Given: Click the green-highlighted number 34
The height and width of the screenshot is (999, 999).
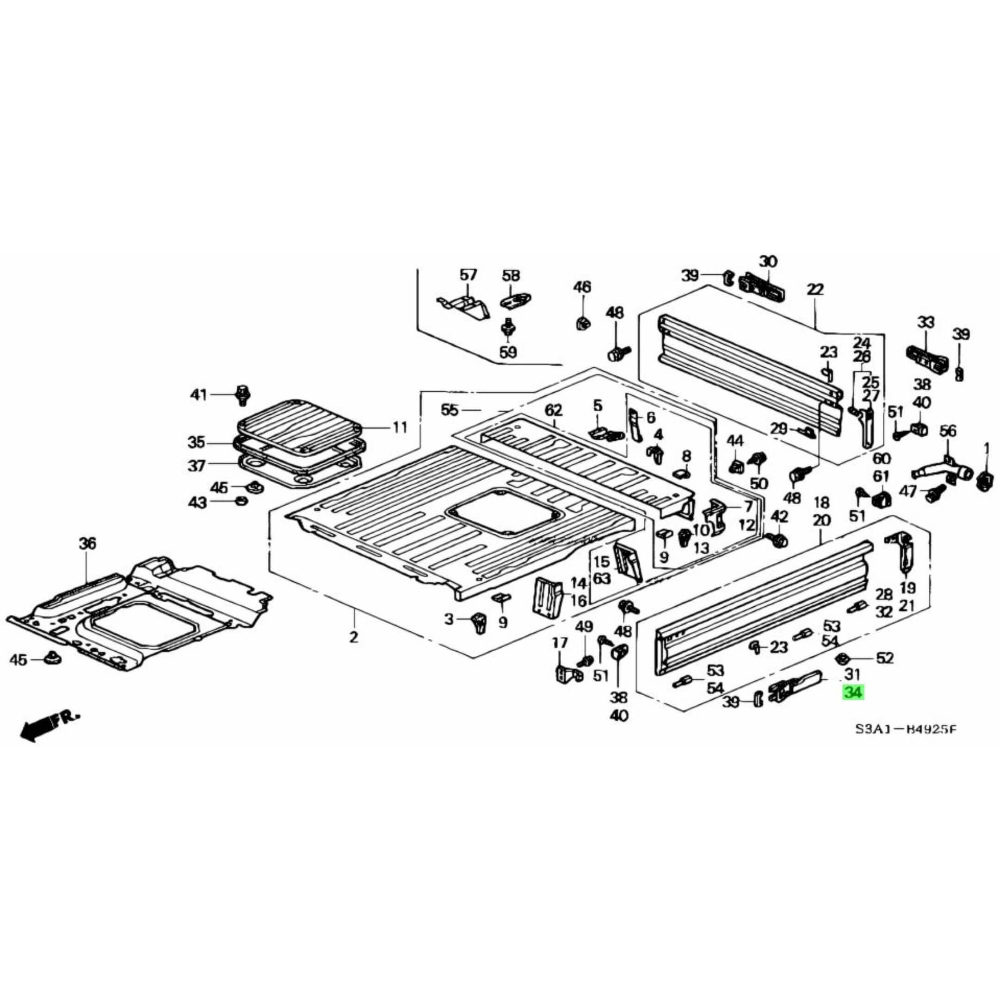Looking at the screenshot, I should click(853, 692).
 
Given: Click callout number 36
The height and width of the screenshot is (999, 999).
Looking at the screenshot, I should click(87, 543).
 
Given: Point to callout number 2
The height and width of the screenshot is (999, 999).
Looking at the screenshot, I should click(353, 637).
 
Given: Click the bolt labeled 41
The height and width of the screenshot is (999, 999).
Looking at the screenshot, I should click(242, 395).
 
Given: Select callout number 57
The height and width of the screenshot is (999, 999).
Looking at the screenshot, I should click(468, 275).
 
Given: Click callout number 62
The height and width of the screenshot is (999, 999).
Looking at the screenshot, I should click(553, 411).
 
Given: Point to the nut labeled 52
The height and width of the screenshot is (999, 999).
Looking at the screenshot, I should click(841, 658).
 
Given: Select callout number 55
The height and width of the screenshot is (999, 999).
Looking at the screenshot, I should click(450, 410).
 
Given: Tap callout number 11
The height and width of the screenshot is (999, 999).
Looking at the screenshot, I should click(400, 428).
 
